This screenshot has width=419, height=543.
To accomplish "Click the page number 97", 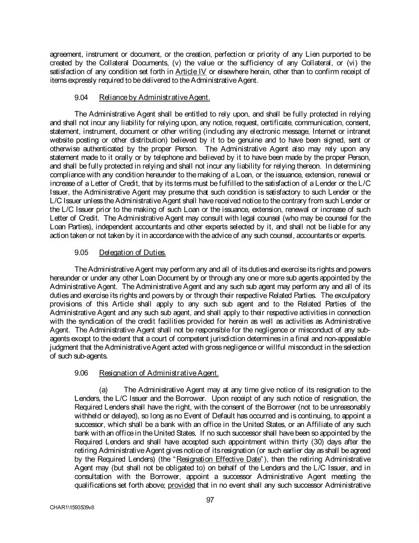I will [x=210, y=499].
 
